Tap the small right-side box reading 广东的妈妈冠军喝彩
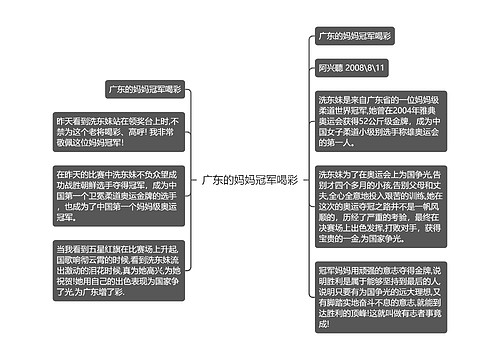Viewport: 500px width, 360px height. (x=354, y=36)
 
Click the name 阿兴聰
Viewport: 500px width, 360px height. (x=331, y=67)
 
